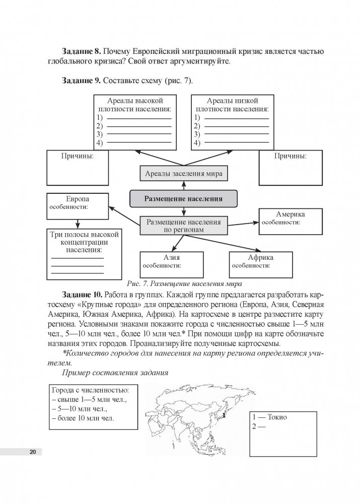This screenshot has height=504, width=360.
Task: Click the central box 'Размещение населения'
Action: pyautogui.click(x=183, y=198)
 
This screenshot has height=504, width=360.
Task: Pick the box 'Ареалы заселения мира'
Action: pyautogui.click(x=183, y=174)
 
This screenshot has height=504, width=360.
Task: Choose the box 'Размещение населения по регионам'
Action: pyautogui.click(x=183, y=225)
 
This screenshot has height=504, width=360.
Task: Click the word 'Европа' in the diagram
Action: pyautogui.click(x=78, y=199)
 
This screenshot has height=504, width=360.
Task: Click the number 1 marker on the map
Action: pyautogui.click(x=224, y=416)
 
